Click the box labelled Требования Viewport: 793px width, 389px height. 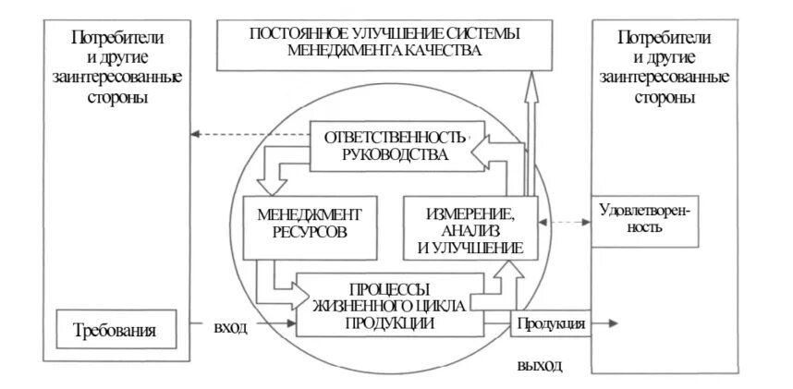pyautogui.click(x=114, y=329)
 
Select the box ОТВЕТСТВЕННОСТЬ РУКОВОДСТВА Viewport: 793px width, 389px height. pyautogui.click(x=386, y=146)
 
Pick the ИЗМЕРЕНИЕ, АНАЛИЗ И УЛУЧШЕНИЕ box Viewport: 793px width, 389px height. pyautogui.click(x=470, y=231)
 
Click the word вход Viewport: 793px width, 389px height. pyautogui.click(x=230, y=328)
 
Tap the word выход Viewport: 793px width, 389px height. pyautogui.click(x=539, y=366)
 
